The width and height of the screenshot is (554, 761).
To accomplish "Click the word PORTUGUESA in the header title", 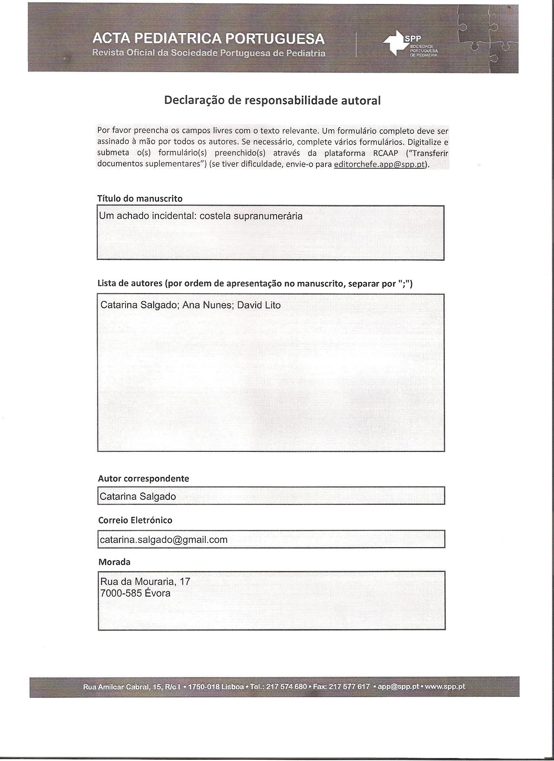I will pyautogui.click(x=274, y=39).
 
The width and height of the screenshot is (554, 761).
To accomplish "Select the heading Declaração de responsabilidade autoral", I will pyautogui.click(x=272, y=100).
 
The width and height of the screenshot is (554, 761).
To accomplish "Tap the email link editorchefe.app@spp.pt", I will pyautogui.click(x=380, y=164).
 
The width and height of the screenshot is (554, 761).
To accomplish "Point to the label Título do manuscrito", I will pyautogui.click(x=140, y=199).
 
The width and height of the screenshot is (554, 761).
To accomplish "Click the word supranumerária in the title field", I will pyautogui.click(x=268, y=216).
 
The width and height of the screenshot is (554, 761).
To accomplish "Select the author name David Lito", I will pyautogui.click(x=259, y=305).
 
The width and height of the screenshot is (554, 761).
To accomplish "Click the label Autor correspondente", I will pyautogui.click(x=143, y=478).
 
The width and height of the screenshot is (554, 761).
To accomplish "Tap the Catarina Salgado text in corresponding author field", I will pyautogui.click(x=138, y=496).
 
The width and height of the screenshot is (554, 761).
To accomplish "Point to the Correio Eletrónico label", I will pyautogui.click(x=135, y=520).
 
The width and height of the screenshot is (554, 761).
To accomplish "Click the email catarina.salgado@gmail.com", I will pyautogui.click(x=164, y=540).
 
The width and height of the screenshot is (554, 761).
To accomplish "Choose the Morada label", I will pyautogui.click(x=114, y=562).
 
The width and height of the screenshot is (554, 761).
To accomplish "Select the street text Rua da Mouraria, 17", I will pyautogui.click(x=145, y=581).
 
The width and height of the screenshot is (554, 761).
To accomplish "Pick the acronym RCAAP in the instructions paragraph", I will pyautogui.click(x=385, y=153).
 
